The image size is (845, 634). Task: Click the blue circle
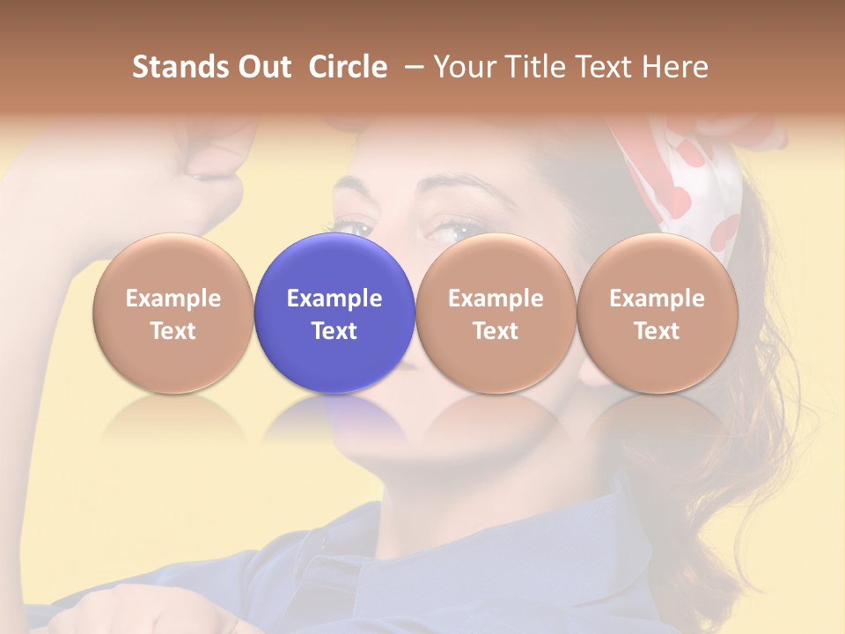click(x=334, y=313)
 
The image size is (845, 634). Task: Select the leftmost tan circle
click(x=173, y=313)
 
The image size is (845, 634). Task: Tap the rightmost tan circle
click(x=657, y=313)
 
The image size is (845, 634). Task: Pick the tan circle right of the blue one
click(x=496, y=313)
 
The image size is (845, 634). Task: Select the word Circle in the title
click(x=349, y=67)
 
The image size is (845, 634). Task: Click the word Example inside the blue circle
click(x=334, y=299)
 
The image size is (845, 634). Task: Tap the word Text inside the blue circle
click(x=334, y=331)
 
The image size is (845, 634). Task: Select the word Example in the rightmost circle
click(x=657, y=299)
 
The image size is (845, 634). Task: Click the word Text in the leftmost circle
click(x=173, y=331)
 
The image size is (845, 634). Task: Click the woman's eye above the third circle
click(x=458, y=231)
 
